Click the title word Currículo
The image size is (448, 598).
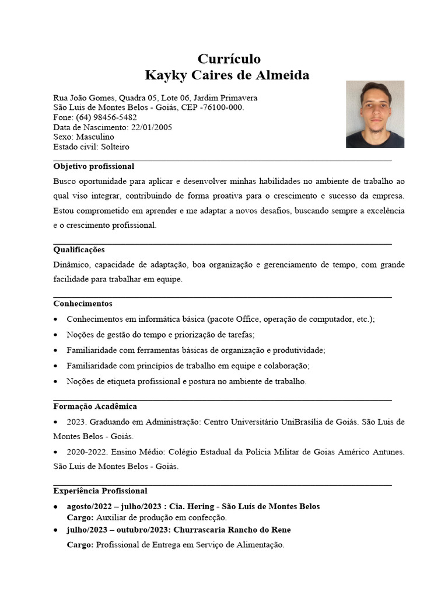point(229,59)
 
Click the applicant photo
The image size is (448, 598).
point(374,114)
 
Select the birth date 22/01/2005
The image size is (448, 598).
point(152,127)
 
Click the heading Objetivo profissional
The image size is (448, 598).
point(93,166)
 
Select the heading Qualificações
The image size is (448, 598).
point(79,249)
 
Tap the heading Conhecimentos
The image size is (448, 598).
point(83,304)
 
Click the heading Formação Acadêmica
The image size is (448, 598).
point(94,406)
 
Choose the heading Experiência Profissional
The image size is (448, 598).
point(100,491)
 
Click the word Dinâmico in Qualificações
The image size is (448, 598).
point(71,265)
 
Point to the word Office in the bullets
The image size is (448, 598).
point(247,319)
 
